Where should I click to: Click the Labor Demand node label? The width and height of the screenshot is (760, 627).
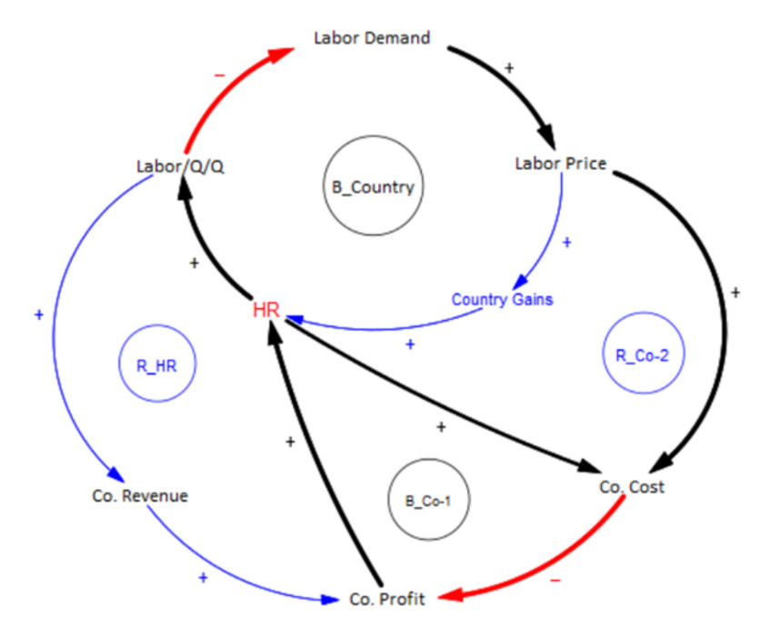point(371,38)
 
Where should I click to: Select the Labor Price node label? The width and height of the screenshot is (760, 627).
point(560,164)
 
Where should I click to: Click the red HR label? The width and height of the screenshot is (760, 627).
point(265,309)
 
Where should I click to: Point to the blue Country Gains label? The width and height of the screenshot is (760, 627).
point(503,299)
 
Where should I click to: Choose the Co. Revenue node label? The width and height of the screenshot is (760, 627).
point(140,496)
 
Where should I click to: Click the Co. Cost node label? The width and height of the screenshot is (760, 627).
point(632,487)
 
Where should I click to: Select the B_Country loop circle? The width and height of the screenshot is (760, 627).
point(372,188)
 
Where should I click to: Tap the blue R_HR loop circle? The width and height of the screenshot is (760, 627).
point(155,367)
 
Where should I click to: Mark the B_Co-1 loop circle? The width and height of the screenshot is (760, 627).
point(427,500)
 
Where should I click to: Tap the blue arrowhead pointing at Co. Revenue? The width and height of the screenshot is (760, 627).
point(116,474)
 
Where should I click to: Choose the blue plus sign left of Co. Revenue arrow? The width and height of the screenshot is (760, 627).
point(38,314)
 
